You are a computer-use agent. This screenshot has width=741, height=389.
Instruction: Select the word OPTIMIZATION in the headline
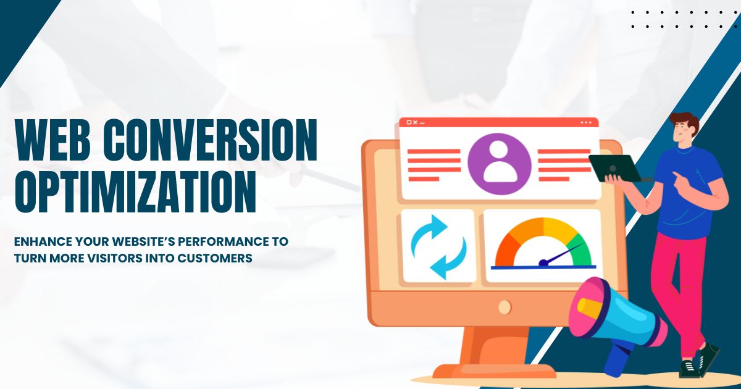(x=135, y=192)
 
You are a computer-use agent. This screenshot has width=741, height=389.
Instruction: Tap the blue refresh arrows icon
(x=437, y=246)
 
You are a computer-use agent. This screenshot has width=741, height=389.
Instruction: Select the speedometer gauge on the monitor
(x=543, y=245)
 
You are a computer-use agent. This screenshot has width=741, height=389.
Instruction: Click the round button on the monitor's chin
(x=504, y=306)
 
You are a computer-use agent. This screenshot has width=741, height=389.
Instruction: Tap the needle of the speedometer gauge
(x=562, y=254)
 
